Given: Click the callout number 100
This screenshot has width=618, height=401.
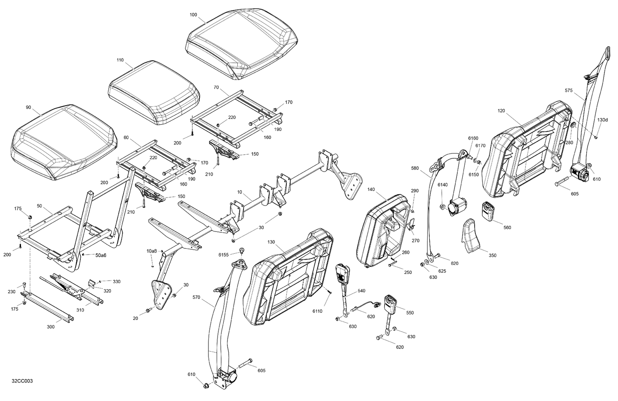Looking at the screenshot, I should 193,15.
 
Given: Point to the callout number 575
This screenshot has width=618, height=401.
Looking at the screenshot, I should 569,90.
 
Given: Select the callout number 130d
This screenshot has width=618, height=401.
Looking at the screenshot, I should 602,120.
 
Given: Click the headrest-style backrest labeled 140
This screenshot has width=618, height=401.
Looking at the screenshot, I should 385,231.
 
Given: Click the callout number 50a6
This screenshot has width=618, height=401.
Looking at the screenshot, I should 101,255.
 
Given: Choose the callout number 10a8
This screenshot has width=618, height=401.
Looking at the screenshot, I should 152,251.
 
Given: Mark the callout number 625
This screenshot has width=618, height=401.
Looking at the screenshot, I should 442,271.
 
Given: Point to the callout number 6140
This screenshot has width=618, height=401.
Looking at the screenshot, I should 442,185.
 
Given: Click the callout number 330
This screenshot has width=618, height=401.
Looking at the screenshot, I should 117,281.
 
